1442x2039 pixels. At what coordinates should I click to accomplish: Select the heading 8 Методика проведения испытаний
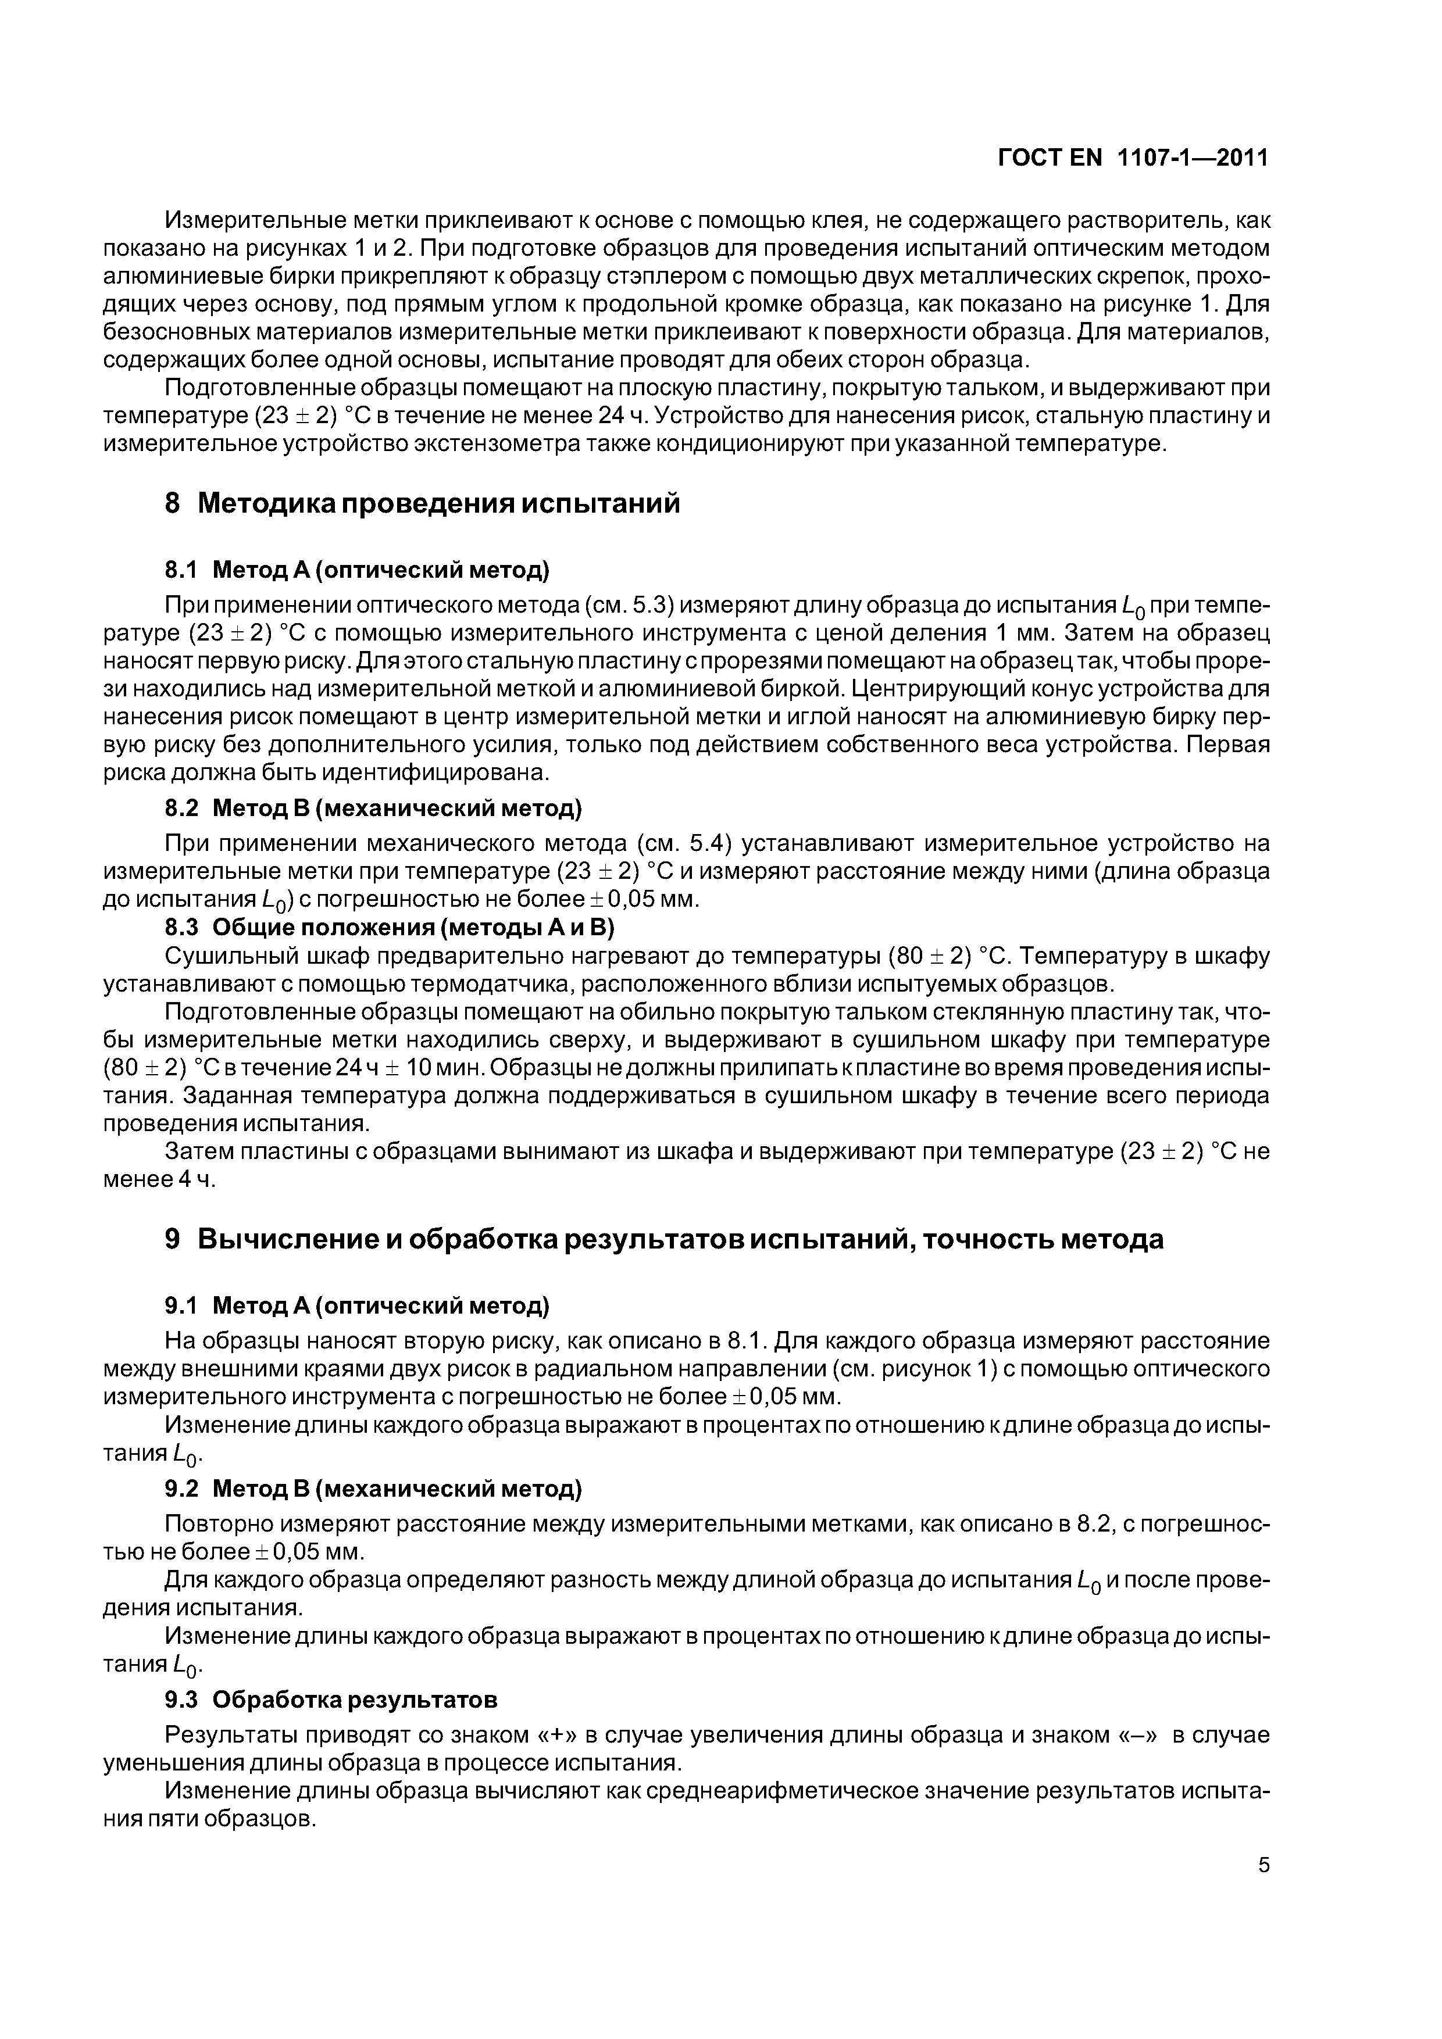(x=423, y=503)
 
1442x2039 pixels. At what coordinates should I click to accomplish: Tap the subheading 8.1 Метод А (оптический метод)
(x=357, y=568)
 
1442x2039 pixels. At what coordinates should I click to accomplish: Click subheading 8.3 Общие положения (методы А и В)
(x=389, y=927)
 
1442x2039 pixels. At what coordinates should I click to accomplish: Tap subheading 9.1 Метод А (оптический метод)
(x=357, y=1305)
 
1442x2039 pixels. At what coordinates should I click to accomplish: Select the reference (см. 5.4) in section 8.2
(x=684, y=843)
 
